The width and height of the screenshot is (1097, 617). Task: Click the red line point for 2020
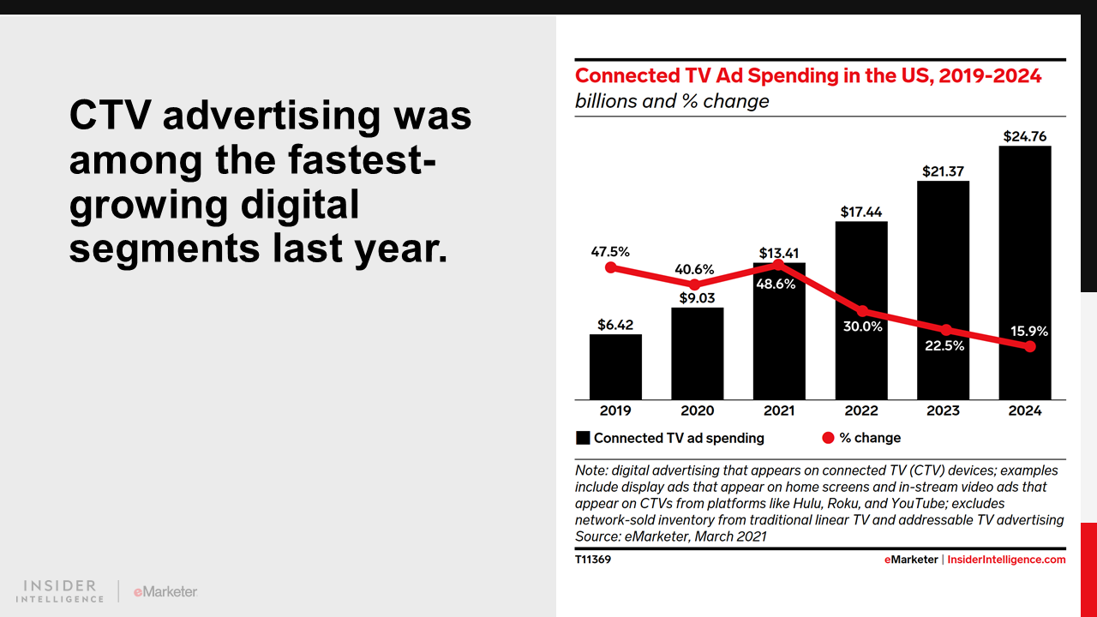[694, 285]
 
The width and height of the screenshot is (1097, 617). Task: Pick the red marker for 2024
[1030, 346]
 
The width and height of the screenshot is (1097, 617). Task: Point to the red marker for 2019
[611, 267]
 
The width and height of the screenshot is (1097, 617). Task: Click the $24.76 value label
[1025, 136]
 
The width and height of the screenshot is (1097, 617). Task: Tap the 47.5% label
[610, 252]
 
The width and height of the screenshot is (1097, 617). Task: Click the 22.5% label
[944, 346]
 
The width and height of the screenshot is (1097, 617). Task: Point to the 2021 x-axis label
[779, 410]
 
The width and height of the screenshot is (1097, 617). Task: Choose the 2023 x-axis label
[943, 410]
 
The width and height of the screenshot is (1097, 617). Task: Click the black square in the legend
[583, 438]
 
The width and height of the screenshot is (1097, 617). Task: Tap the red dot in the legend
[828, 438]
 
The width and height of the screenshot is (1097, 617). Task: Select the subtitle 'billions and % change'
[672, 101]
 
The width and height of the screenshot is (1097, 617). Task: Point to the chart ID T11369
[593, 560]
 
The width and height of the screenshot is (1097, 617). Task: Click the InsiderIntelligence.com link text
[1006, 560]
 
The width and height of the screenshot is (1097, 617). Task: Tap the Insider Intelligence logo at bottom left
[60, 591]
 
